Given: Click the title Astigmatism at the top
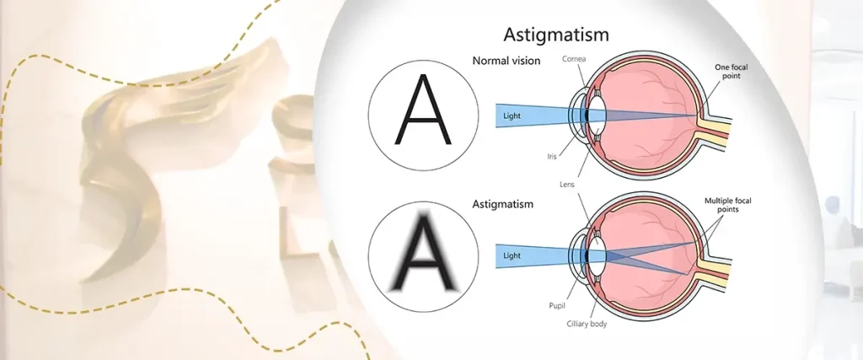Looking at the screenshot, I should (555, 35).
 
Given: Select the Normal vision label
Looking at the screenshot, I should (507, 61).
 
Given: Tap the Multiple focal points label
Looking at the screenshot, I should (727, 206).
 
